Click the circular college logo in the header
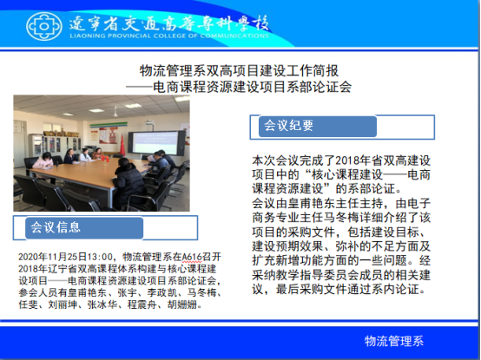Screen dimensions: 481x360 tap(44, 26)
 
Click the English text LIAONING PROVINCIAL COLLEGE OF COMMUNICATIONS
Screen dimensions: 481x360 tap(169, 36)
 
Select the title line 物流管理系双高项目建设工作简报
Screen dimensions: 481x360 tap(239, 71)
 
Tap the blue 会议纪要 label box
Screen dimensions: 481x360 tap(318, 127)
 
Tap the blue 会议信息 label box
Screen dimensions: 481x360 tap(84, 228)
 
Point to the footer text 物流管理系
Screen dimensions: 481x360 tap(394, 341)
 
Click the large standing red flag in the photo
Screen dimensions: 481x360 tap(122, 145)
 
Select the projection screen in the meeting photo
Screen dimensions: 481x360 tap(156, 143)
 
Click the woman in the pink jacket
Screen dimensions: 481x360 tap(43, 161)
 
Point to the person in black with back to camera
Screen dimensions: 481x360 tap(128, 184)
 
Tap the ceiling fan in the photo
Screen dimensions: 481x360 tap(115, 112)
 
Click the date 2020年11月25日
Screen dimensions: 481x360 tap(53, 257)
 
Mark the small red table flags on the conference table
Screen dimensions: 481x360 tap(105, 159)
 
